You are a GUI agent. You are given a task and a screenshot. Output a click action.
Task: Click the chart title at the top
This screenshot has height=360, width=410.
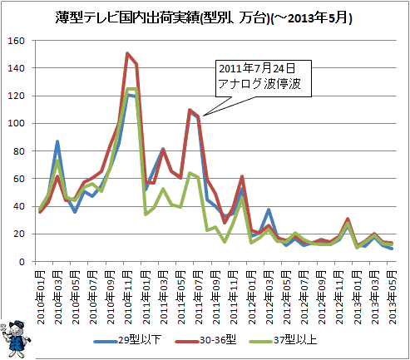[x=204, y=18]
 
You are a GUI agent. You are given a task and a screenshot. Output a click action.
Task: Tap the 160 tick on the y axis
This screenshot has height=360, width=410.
[x=17, y=41]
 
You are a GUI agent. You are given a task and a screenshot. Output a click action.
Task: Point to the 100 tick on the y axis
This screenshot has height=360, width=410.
[x=17, y=123]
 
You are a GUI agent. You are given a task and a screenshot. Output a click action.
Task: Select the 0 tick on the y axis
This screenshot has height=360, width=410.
[x=22, y=262]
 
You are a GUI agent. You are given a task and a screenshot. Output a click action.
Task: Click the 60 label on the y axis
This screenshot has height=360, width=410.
[x=19, y=179]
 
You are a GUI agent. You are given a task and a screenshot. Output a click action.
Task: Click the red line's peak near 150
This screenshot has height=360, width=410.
[x=127, y=53]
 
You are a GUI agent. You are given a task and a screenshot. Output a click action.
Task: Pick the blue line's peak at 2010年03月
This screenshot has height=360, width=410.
[x=57, y=141]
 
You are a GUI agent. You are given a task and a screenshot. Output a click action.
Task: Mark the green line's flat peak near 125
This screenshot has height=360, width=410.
[x=131, y=89]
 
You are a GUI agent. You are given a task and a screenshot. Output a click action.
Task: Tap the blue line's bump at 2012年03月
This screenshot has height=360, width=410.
[x=268, y=210]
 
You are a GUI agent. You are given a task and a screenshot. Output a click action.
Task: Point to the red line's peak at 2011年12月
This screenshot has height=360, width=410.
[x=242, y=176]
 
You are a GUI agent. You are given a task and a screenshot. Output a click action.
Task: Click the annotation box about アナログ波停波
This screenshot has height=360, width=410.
[x=264, y=78]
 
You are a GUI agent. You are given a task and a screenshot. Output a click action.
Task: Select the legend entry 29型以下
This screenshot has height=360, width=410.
[x=127, y=340]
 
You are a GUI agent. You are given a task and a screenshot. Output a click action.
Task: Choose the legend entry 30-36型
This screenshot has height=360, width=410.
[x=205, y=340]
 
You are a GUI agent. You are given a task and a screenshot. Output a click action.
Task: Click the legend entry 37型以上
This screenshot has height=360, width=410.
[x=283, y=340]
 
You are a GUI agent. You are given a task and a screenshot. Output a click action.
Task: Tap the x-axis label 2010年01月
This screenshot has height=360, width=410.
[x=41, y=298]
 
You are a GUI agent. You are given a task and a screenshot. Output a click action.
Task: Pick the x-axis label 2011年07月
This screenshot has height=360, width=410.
[x=199, y=298]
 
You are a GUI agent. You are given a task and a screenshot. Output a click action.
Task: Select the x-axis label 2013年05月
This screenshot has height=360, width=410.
[x=393, y=298]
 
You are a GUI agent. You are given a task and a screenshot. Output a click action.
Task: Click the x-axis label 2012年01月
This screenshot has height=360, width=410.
[x=251, y=298]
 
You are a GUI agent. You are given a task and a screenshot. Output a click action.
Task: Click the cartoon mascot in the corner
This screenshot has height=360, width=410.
[x=17, y=338]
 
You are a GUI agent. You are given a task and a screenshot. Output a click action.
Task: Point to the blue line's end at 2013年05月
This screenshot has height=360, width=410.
[x=392, y=249]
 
